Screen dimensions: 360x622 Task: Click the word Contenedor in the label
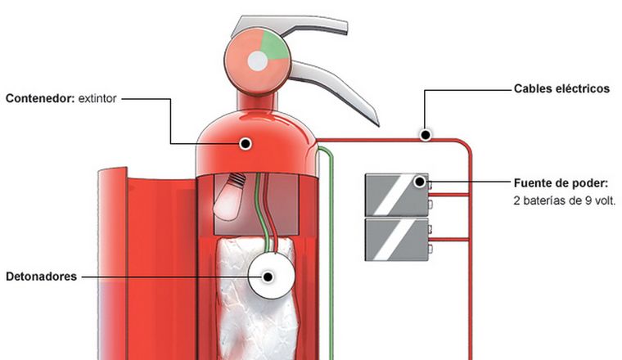click(x=39, y=99)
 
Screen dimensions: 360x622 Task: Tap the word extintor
click(x=98, y=99)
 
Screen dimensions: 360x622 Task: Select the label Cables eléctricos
click(x=561, y=88)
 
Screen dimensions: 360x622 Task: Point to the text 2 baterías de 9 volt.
click(x=564, y=200)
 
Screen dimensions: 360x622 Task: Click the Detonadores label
click(x=41, y=277)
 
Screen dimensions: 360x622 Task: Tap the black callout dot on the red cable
click(x=424, y=133)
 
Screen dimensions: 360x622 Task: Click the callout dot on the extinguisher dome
click(x=244, y=143)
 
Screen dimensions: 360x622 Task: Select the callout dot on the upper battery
click(x=420, y=182)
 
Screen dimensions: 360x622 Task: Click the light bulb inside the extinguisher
click(x=228, y=196)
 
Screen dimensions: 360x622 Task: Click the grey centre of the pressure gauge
click(x=258, y=60)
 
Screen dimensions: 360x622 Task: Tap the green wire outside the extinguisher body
click(x=330, y=245)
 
